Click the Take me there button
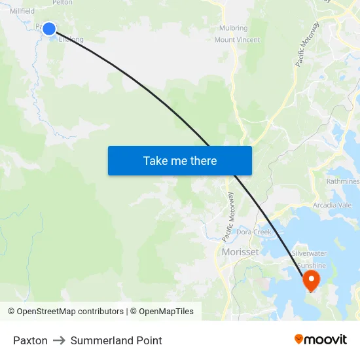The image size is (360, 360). coord(179,160)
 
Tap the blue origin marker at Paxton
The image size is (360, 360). coord(49,28)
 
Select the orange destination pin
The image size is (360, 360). coord(310,281)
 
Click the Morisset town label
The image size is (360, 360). coord(240,252)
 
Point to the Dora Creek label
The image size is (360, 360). coord(254,232)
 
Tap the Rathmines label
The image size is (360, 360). coord(342,181)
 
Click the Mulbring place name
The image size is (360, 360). coord(233,28)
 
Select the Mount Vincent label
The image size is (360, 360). coord(237,40)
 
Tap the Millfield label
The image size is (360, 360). coord(22,11)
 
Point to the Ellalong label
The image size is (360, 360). coord(71,39)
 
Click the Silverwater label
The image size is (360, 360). coord(309,253)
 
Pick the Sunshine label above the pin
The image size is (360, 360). coord(312,265)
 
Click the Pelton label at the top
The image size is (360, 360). coord(62,3)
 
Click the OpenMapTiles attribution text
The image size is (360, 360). coord(164,312)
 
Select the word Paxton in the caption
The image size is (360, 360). coord(30,340)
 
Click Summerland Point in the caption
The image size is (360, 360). coord(116,340)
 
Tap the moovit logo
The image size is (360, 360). coord(321,339)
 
